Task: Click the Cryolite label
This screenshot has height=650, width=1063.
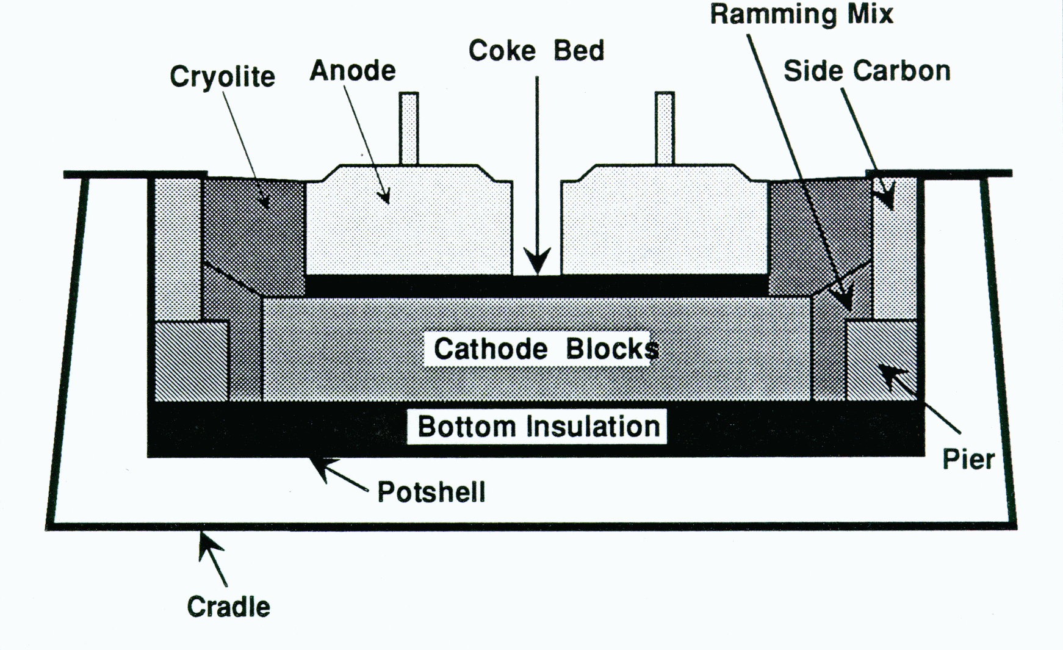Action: tap(222, 78)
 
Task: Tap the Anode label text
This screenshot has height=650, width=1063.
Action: tap(353, 71)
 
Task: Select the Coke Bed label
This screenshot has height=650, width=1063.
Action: tap(536, 51)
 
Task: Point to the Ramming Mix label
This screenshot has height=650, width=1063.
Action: tap(801, 15)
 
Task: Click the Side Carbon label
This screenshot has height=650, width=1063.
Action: tap(867, 71)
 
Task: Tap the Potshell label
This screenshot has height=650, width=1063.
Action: tap(431, 492)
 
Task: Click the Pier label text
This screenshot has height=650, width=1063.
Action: tap(968, 459)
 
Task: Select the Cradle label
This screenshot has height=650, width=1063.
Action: tap(228, 607)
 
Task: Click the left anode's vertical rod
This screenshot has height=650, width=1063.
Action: tap(409, 128)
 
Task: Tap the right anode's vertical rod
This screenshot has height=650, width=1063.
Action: tap(665, 128)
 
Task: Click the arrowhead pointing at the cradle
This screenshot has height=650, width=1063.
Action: tap(207, 543)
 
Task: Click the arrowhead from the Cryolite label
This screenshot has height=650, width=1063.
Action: tap(266, 202)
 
